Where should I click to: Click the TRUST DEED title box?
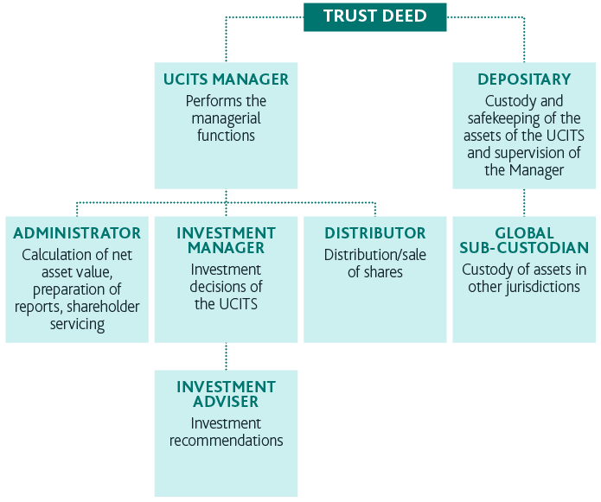pyautogui.click(x=374, y=16)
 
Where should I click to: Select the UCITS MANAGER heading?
pyautogui.click(x=226, y=79)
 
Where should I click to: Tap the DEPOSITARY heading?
pyautogui.click(x=524, y=79)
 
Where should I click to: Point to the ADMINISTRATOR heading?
pyautogui.click(x=77, y=233)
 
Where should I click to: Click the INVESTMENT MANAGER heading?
pyautogui.click(x=226, y=240)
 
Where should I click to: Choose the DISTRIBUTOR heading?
pyautogui.click(x=374, y=233)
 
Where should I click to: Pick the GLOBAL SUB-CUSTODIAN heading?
pyautogui.click(x=524, y=240)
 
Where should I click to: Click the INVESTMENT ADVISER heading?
pyautogui.click(x=226, y=394)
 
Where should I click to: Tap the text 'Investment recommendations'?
pyautogui.click(x=226, y=432)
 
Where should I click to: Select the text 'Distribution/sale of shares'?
pyautogui.click(x=374, y=264)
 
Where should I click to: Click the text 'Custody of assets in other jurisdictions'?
pyautogui.click(x=524, y=278)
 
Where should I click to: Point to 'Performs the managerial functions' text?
pyautogui.click(x=226, y=118)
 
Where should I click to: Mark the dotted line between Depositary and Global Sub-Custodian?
pyautogui.click(x=524, y=202)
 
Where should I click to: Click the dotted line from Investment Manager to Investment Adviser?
pyautogui.click(x=226, y=356)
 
